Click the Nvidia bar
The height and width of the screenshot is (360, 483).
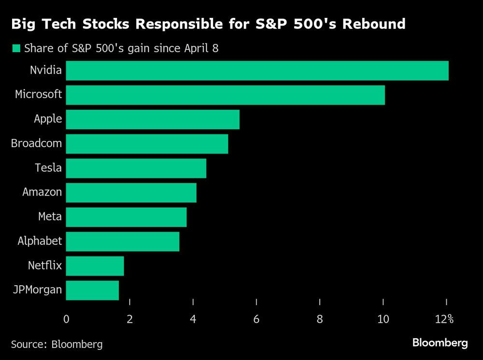point(257,70)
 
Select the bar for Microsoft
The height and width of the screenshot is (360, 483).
point(225,95)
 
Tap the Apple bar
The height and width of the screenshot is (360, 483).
point(153,119)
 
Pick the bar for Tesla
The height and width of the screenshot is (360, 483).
point(136,168)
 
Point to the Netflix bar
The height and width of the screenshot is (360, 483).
point(95,266)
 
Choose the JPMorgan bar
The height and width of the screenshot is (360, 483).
point(92,291)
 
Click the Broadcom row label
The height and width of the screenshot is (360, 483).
point(36,143)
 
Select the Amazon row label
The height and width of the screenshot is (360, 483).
point(42,192)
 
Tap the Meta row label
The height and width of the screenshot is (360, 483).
point(50,217)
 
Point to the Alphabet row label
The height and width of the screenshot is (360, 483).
point(40,241)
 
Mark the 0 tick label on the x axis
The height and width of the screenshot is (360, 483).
point(66,319)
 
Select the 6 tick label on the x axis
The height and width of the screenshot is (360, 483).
point(256,319)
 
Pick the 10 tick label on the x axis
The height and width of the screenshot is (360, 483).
point(383,319)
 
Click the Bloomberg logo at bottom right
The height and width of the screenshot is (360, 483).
point(440,343)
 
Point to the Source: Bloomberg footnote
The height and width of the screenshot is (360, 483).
point(57,344)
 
